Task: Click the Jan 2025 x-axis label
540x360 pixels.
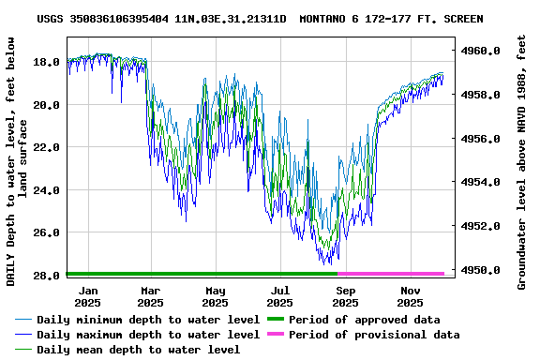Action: click(87, 296)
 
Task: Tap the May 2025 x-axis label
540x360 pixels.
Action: click(216, 296)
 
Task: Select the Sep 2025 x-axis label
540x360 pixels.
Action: click(345, 296)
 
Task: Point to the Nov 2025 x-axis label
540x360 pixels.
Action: click(410, 296)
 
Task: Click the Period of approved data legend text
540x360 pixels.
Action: click(365, 320)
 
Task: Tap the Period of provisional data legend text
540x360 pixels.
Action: click(374, 335)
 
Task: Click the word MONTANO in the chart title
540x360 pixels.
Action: click(331, 19)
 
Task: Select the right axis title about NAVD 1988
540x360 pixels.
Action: click(522, 163)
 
